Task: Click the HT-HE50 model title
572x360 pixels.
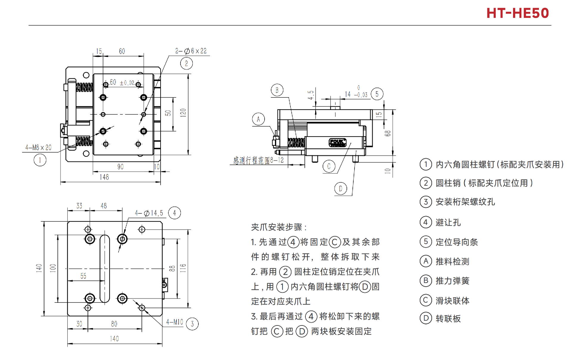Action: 517,13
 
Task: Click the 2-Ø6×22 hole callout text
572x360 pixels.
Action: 191,51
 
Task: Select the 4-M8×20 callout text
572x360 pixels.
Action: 38,148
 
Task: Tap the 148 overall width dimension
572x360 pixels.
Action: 104,177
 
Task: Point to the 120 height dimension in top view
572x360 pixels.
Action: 183,113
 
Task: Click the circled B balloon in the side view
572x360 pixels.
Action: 277,90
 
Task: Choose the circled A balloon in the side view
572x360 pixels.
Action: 258,119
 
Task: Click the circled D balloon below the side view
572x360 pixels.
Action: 341,188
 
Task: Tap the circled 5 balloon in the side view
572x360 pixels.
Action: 377,94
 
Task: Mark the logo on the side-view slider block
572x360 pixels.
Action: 338,142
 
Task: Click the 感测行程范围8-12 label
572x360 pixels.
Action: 258,161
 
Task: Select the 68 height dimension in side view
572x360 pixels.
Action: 388,133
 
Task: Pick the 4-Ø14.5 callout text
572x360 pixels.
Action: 149,213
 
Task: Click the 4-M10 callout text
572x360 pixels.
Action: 175,322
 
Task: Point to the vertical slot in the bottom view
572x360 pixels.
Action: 105,268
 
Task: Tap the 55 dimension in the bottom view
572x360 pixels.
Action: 83,276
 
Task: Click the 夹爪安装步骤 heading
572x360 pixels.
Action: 279,227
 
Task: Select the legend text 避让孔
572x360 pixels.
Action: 448,222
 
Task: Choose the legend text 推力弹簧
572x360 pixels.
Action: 452,281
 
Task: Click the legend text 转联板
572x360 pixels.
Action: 448,319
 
